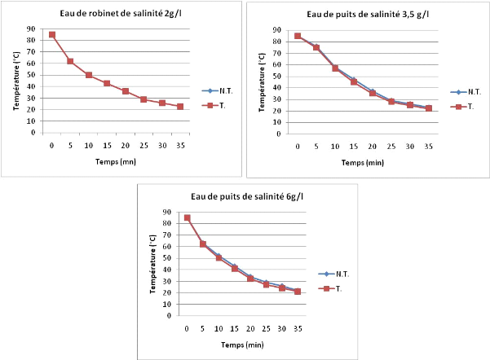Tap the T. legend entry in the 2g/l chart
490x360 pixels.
219,105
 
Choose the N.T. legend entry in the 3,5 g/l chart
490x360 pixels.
468,92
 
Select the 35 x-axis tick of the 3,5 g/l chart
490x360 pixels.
428,147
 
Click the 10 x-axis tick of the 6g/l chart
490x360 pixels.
218,328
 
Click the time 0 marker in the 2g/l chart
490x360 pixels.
52,35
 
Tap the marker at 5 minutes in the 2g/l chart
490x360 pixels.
70,61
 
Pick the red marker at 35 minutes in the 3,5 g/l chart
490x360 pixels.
428,108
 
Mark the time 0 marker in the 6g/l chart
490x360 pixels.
187,217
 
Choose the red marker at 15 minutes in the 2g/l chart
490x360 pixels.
107,83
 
